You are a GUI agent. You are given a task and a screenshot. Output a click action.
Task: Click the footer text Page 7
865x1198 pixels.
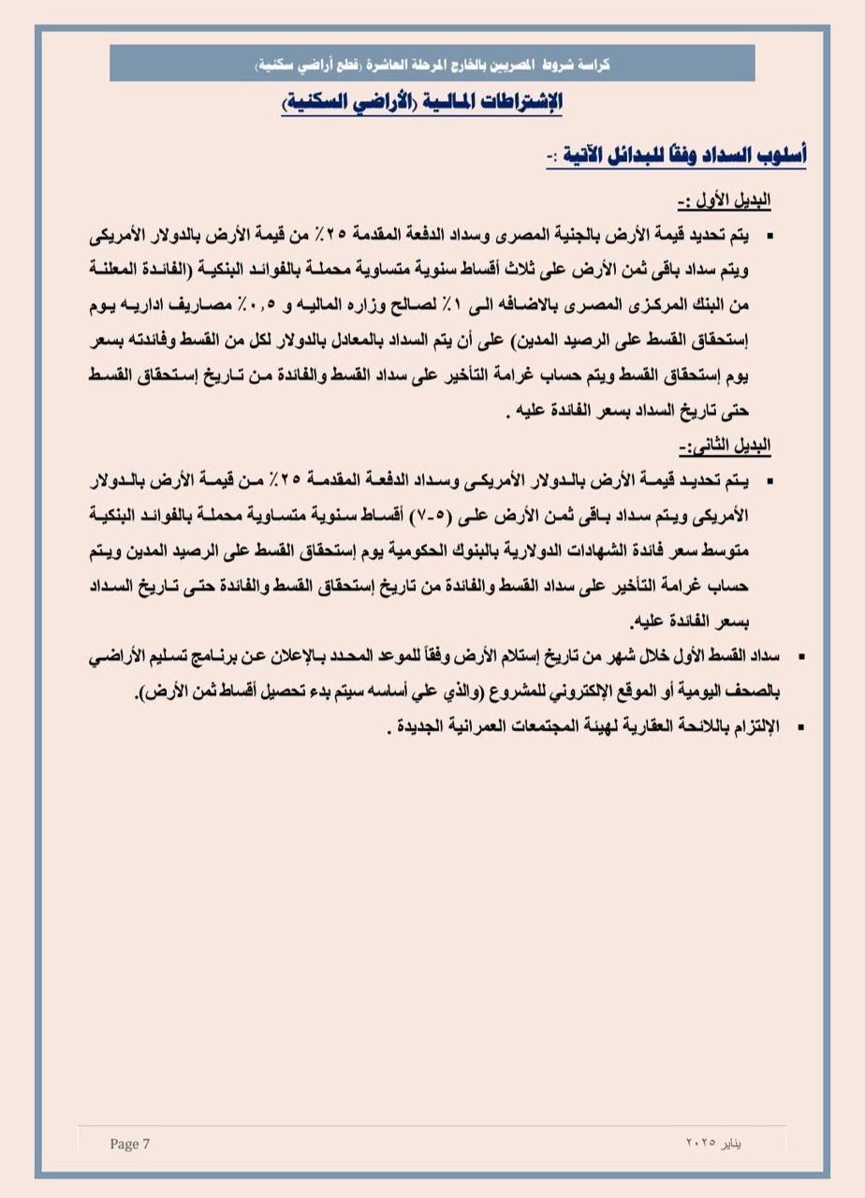click(x=129, y=1144)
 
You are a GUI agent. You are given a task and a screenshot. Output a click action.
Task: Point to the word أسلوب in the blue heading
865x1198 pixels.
click(x=777, y=154)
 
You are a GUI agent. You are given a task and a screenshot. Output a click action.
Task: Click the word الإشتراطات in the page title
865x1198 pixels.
click(x=519, y=101)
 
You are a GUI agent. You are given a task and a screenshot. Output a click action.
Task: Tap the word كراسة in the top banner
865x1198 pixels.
click(x=588, y=66)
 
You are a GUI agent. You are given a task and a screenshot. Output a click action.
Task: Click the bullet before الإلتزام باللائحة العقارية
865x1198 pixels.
click(x=801, y=726)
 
